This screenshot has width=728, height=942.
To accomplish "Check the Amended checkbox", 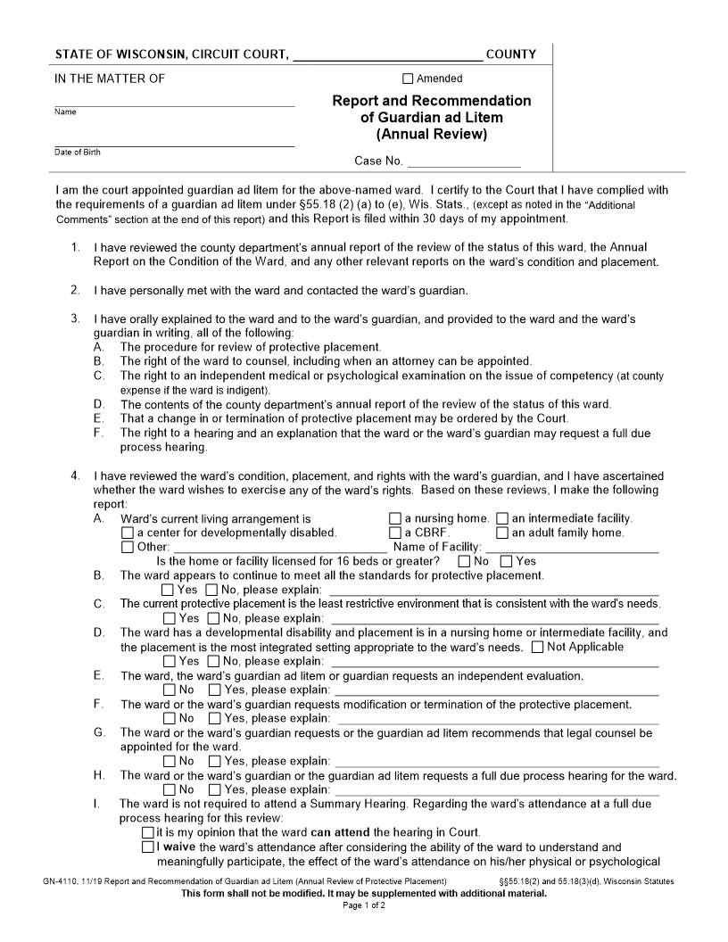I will (409, 78).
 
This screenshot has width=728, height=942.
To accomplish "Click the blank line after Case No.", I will (464, 161).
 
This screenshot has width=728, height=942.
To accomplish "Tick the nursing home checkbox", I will (395, 518).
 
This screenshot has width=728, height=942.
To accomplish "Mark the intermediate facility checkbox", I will (502, 518).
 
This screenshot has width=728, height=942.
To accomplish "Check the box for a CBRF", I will (395, 533).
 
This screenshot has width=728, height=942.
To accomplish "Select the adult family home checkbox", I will (502, 533).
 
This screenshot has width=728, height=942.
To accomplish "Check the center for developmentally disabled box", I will (127, 533).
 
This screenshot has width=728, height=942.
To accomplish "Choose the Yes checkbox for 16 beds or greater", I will (507, 561).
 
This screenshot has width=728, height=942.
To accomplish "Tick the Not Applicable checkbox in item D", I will (537, 647).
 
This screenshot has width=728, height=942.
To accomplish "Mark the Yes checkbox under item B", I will (168, 590).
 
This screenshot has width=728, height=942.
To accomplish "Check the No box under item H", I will (168, 789).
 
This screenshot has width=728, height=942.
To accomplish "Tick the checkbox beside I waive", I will (148, 847).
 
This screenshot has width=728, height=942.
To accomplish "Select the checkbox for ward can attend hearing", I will (148, 832).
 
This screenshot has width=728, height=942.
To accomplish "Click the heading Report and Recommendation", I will (431, 101).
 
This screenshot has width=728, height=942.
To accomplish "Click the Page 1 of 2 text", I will (364, 905).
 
